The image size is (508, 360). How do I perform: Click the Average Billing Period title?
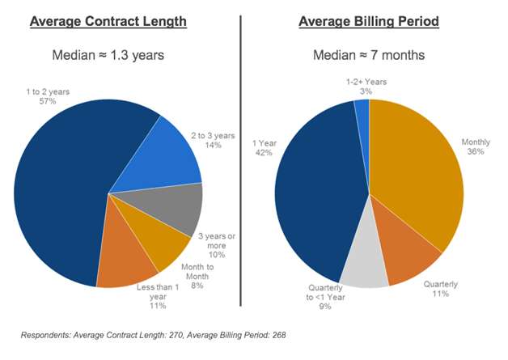(x=370, y=20)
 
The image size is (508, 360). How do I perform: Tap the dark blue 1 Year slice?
(x=315, y=202)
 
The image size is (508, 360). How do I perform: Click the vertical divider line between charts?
(x=241, y=162)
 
